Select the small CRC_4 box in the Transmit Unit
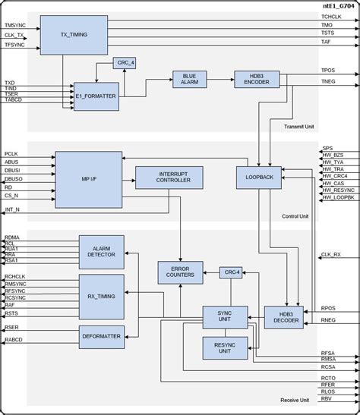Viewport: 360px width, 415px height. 125,63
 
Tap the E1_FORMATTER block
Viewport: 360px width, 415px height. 96,96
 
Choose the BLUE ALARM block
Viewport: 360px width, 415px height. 189,80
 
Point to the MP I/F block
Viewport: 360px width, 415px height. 88,179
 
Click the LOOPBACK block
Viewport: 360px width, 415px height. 258,178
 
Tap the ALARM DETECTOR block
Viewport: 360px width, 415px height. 101,252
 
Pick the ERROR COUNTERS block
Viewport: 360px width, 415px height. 181,272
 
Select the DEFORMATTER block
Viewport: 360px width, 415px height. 101,336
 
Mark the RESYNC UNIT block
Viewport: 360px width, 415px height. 225,348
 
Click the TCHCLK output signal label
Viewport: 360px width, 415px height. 331,16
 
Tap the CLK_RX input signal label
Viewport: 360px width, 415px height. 331,255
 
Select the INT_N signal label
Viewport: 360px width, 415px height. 12,209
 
